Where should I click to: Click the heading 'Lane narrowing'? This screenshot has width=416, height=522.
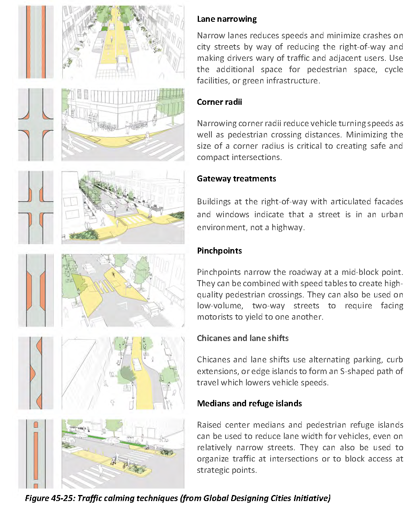click(227, 19)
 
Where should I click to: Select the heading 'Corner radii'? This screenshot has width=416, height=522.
click(219, 102)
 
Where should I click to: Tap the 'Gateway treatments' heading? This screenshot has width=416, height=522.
click(236, 179)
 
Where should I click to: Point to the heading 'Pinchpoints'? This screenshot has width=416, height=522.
click(219, 251)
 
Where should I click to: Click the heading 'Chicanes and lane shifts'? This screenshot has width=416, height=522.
click(243, 338)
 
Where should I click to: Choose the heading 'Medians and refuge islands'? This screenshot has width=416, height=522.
click(249, 403)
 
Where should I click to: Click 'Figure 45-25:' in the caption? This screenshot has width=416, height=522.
click(50, 498)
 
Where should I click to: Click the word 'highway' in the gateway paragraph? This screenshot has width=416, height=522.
click(287, 227)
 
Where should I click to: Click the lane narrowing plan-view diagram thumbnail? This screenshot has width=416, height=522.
click(36, 42)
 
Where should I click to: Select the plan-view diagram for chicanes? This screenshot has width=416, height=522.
click(36, 373)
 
